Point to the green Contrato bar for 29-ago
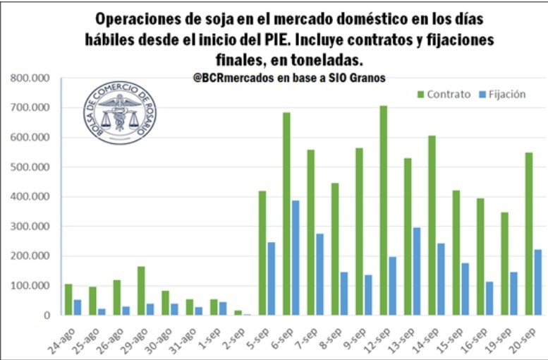(x=141, y=290)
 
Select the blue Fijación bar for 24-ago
(x=78, y=307)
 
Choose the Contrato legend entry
(x=444, y=94)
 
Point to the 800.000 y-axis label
(x=30, y=78)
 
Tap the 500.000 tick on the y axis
(x=30, y=167)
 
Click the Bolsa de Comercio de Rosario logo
(x=120, y=113)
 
